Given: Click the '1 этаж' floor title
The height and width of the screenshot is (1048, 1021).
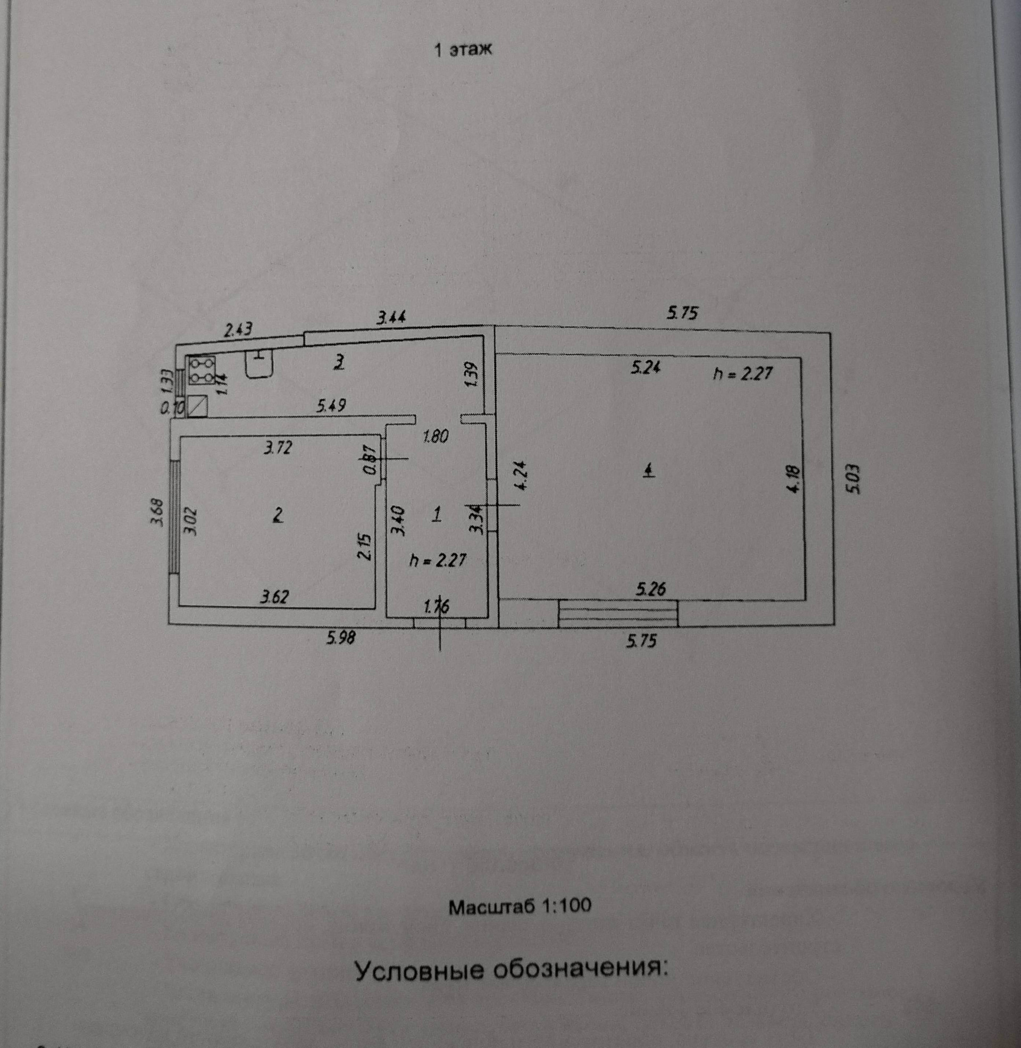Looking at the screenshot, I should point(462,50).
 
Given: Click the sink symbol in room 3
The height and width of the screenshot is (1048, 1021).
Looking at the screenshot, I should point(260,364).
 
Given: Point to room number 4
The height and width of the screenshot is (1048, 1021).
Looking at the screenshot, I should point(649,471).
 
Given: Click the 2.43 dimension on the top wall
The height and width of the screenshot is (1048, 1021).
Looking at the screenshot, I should point(238,329).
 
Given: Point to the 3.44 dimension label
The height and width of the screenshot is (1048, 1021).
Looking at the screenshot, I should point(391,318).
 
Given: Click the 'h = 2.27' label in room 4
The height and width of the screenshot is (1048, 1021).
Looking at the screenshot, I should point(742,373).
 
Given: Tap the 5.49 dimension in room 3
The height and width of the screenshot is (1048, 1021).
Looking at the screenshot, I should point(330,406).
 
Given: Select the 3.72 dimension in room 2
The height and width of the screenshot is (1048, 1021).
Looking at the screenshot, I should point(277,447).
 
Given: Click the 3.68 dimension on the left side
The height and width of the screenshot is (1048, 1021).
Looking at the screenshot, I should point(157,513).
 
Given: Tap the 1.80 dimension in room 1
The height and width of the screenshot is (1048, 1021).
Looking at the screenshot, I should point(436,437).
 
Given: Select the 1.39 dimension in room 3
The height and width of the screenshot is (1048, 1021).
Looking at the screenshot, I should point(471,375).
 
